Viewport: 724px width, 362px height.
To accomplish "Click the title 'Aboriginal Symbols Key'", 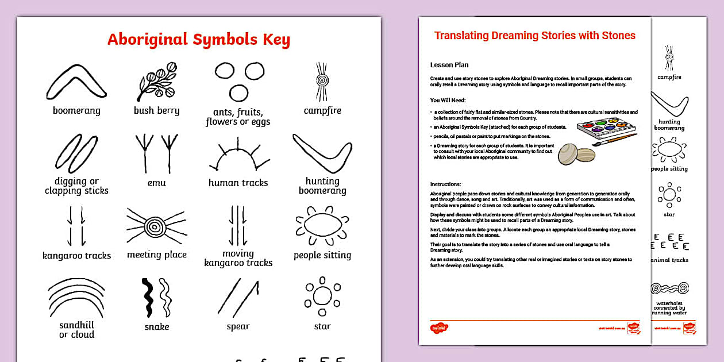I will coord(199,40).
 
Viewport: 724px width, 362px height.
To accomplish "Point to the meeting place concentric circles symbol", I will coord(153,226).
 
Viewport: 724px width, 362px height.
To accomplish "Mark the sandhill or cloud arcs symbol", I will coord(76,298).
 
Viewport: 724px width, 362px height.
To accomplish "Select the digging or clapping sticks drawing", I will coord(76,154).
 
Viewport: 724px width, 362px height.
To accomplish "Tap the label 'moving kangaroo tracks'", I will coord(238,258).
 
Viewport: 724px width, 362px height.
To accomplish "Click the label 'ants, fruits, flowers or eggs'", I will coord(238,117).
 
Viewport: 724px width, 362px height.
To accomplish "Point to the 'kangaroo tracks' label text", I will coord(76,256).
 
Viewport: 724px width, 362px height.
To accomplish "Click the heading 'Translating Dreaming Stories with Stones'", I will coord(534,36).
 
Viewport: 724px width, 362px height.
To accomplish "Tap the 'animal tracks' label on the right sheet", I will coord(670,260).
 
